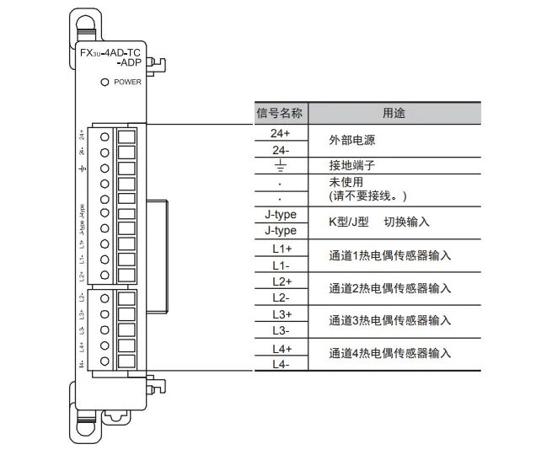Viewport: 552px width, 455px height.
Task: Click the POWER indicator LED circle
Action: (x=105, y=82)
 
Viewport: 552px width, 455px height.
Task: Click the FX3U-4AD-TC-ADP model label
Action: (x=110, y=58)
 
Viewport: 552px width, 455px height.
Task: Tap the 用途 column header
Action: (x=394, y=113)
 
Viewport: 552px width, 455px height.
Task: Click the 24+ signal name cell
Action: (x=280, y=133)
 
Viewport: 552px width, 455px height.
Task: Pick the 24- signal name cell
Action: (x=280, y=149)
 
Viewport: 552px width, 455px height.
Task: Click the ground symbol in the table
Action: (x=280, y=166)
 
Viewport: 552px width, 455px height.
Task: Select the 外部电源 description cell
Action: (x=350, y=141)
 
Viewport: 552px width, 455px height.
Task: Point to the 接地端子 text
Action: (x=350, y=166)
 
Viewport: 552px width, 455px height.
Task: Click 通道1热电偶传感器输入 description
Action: (x=390, y=255)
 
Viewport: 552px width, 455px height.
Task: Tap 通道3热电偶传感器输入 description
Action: (x=390, y=321)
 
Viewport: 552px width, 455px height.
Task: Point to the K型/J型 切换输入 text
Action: (x=378, y=222)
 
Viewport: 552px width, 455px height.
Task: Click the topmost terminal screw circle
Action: (x=105, y=136)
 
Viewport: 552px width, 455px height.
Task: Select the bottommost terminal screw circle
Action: (x=105, y=361)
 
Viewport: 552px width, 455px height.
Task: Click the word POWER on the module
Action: (x=127, y=83)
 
